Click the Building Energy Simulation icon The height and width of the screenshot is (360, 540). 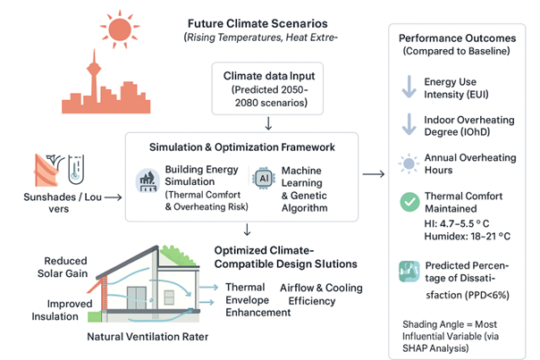148,177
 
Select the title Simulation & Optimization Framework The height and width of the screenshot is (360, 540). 243,146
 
